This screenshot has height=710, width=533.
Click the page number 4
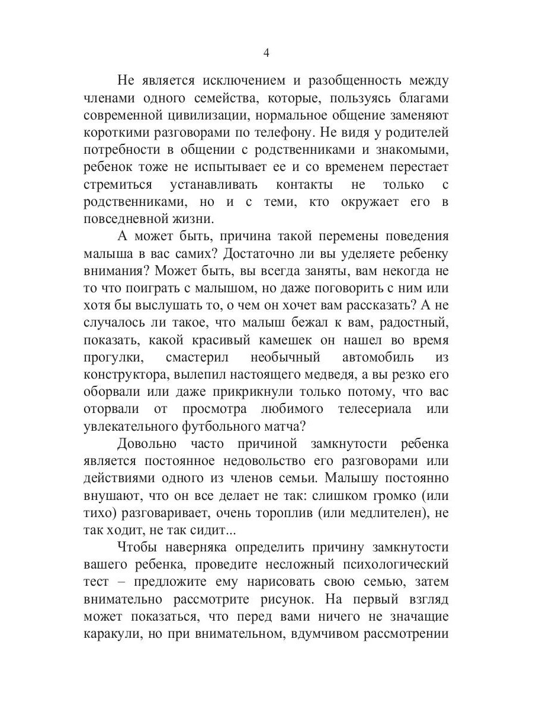point(266,53)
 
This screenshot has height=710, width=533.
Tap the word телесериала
point(367,409)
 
